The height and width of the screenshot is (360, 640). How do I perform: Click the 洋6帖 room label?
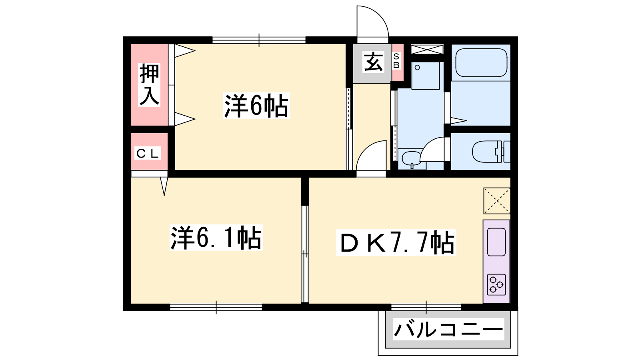pos(256,106)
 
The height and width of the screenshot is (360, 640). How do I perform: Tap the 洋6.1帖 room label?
pos(216,238)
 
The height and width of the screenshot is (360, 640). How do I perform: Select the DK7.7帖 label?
pos(396,242)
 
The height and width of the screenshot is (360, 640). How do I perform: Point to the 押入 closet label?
pos(149,85)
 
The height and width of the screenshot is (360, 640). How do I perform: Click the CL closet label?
pos(148,154)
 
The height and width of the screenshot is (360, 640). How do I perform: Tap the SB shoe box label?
pos(396,60)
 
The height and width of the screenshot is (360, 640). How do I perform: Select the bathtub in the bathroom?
pos(481,62)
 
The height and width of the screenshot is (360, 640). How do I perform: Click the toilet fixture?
pos(491,152)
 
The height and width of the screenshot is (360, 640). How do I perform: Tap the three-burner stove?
pos(496,284)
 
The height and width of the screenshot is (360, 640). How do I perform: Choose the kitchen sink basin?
pos(496,242)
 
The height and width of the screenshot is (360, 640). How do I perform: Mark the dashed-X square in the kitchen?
pos(497,201)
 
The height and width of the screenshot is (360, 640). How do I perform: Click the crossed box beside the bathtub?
pos(427,49)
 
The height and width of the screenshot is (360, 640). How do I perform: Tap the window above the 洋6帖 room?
pos(259,40)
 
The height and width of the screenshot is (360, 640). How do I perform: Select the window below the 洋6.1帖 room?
pos(216,308)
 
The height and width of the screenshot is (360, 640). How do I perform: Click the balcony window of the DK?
pos(426,308)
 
